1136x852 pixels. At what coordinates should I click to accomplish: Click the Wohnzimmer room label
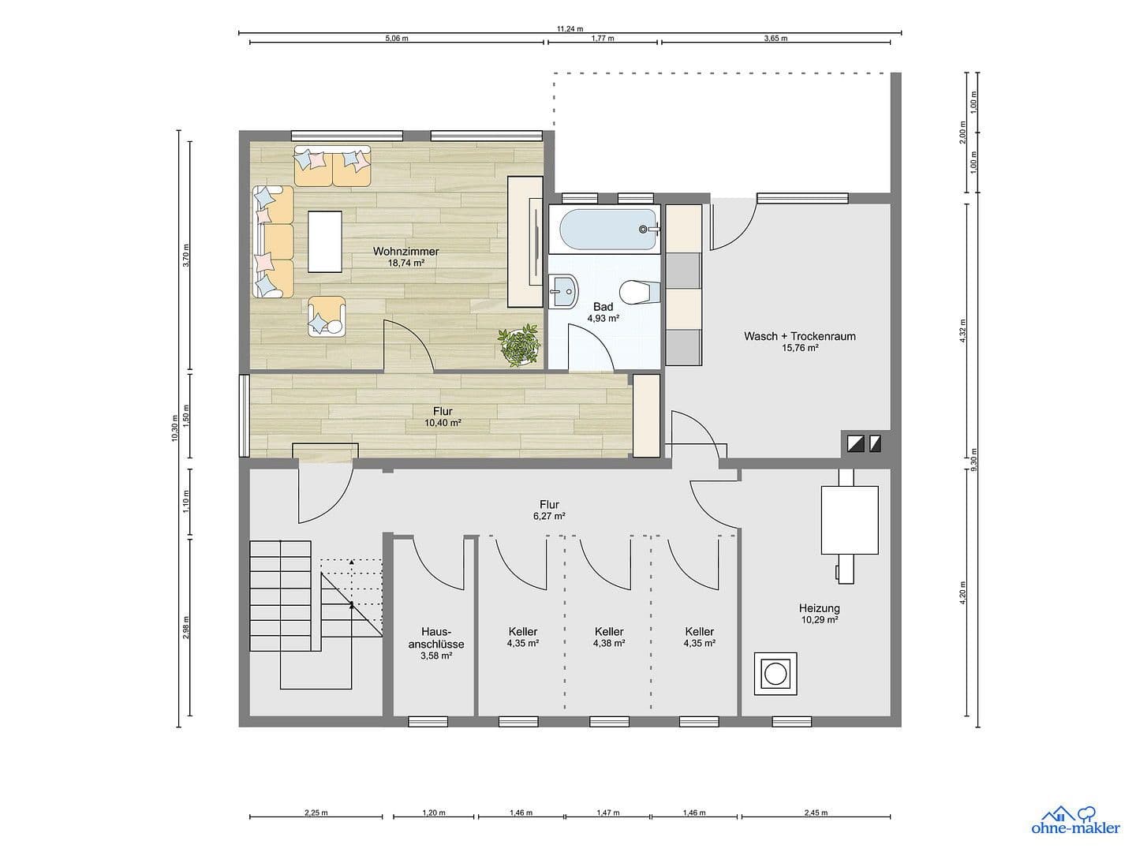click(405, 252)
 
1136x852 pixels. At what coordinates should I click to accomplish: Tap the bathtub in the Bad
click(607, 229)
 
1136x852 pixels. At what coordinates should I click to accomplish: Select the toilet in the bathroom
click(635, 292)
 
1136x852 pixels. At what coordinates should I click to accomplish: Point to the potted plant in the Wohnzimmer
click(520, 346)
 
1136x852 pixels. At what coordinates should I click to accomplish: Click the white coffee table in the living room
click(325, 241)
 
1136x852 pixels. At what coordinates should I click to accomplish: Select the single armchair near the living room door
click(327, 317)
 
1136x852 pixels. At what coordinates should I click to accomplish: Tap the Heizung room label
click(819, 608)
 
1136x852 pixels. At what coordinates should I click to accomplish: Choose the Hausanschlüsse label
click(435, 637)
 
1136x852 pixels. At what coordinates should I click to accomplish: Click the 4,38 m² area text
click(609, 644)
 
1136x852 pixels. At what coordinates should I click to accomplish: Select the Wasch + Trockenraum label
click(799, 336)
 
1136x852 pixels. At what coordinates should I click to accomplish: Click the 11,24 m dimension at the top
click(570, 28)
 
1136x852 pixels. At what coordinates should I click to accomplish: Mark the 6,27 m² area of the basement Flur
click(549, 517)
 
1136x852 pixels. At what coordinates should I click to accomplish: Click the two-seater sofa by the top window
click(332, 166)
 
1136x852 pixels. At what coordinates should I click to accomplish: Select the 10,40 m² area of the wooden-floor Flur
click(443, 423)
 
